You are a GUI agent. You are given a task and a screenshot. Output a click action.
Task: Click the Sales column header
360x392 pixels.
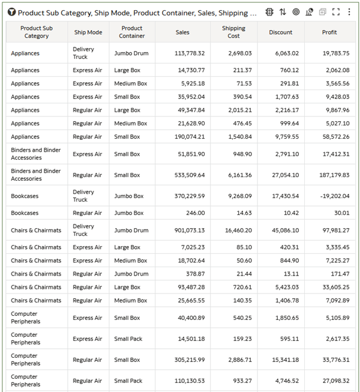click(182, 32)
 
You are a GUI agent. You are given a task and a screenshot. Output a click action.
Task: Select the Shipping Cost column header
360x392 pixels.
click(233, 32)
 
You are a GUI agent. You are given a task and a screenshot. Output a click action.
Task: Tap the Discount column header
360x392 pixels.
click(281, 32)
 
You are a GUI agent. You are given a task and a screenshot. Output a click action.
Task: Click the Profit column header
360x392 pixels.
click(329, 32)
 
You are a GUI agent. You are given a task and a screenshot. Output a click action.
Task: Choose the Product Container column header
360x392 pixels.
click(132, 32)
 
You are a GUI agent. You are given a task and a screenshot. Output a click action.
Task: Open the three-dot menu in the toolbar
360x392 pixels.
click(349, 12)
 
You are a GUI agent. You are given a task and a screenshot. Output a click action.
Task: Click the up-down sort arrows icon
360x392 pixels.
click(283, 12)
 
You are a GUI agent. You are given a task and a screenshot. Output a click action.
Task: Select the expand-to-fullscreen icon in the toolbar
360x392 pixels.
click(336, 12)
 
